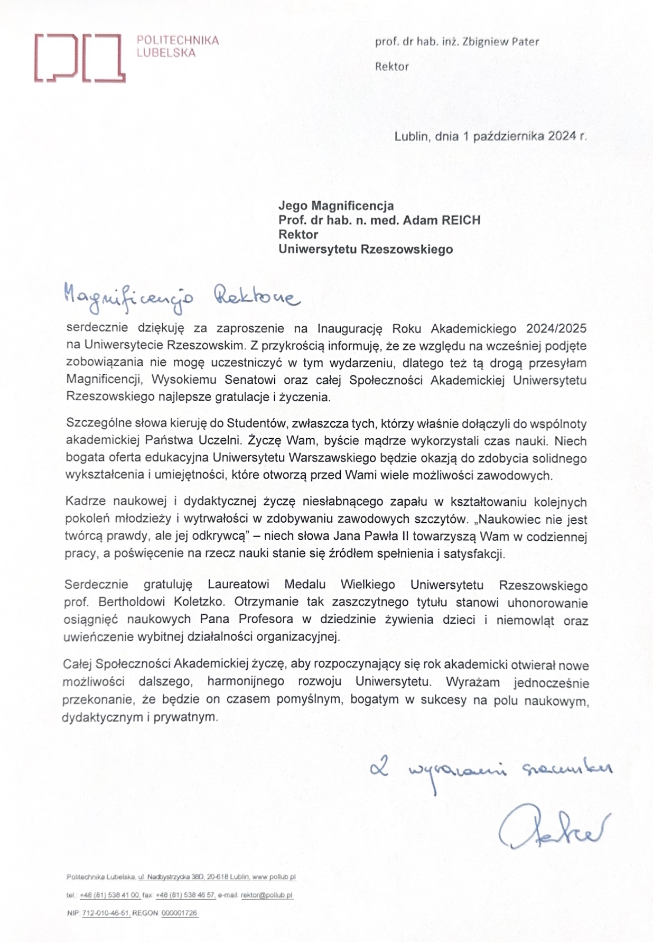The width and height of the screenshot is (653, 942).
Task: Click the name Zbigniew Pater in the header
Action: point(500,42)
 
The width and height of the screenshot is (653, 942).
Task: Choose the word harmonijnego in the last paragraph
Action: point(246,681)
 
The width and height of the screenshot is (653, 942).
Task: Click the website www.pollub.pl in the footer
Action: point(274,877)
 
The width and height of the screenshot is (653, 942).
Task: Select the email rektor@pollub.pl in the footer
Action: point(267,895)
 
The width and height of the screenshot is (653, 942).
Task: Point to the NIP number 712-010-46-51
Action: point(106,913)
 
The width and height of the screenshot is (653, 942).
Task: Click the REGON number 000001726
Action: point(179,913)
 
